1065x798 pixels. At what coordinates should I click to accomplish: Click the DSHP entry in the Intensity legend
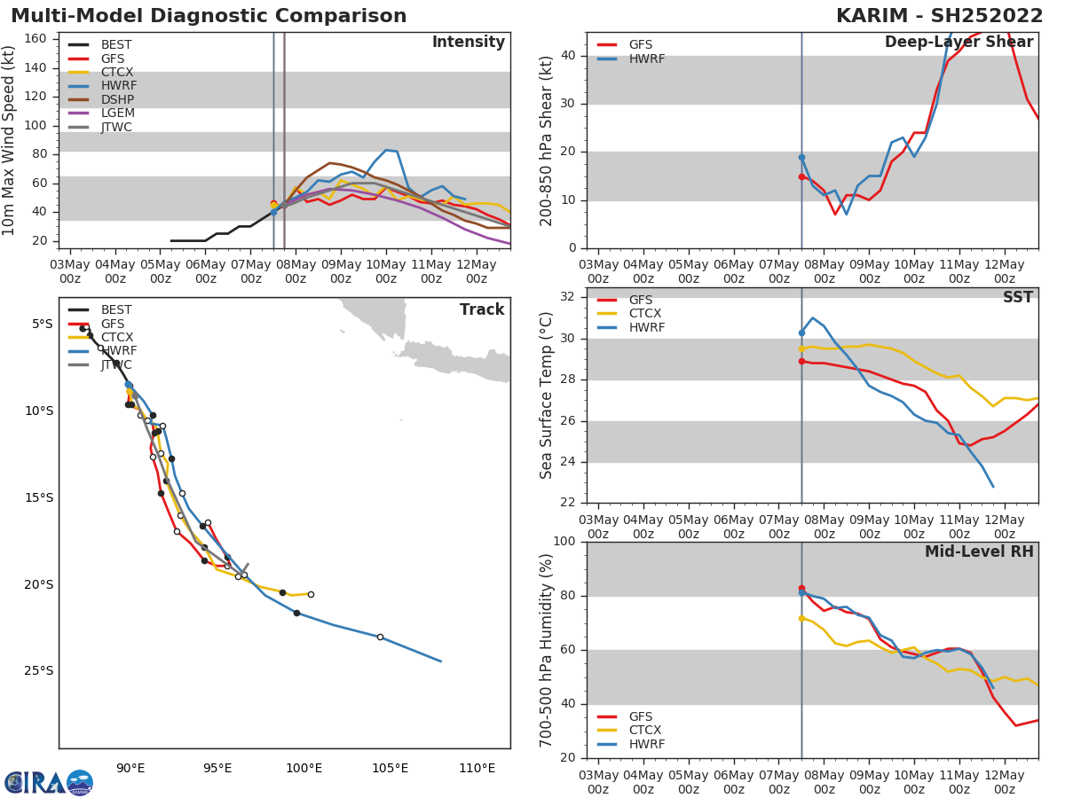click(116, 99)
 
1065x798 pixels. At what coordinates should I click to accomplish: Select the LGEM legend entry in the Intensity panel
click(116, 113)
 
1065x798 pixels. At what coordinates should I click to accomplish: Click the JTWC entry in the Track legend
click(116, 364)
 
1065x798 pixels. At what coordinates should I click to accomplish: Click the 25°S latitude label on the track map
click(37, 671)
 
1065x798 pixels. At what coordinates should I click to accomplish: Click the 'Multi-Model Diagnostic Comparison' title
click(209, 16)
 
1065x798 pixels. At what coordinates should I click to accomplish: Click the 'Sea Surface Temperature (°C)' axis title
click(547, 395)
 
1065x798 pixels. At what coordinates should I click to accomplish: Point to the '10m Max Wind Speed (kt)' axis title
click(10, 140)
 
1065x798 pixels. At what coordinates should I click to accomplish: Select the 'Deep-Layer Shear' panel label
click(958, 43)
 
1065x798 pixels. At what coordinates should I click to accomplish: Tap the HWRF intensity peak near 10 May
click(386, 150)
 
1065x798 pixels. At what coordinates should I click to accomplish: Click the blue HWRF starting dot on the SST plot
click(801, 332)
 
